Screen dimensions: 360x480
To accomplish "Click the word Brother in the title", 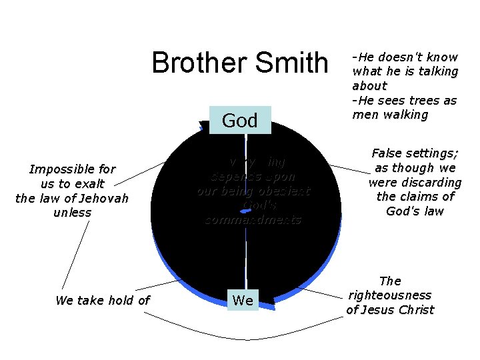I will click(194, 63).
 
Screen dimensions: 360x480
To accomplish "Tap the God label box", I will click(240, 120).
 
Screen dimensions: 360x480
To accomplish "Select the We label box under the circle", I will click(242, 301).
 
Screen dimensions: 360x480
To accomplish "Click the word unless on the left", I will click(72, 213).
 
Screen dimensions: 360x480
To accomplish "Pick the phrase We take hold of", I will click(103, 301).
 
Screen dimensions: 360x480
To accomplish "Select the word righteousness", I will click(389, 295).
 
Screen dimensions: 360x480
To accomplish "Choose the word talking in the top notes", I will click(437, 71).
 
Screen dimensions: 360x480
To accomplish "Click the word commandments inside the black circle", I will click(253, 219).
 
